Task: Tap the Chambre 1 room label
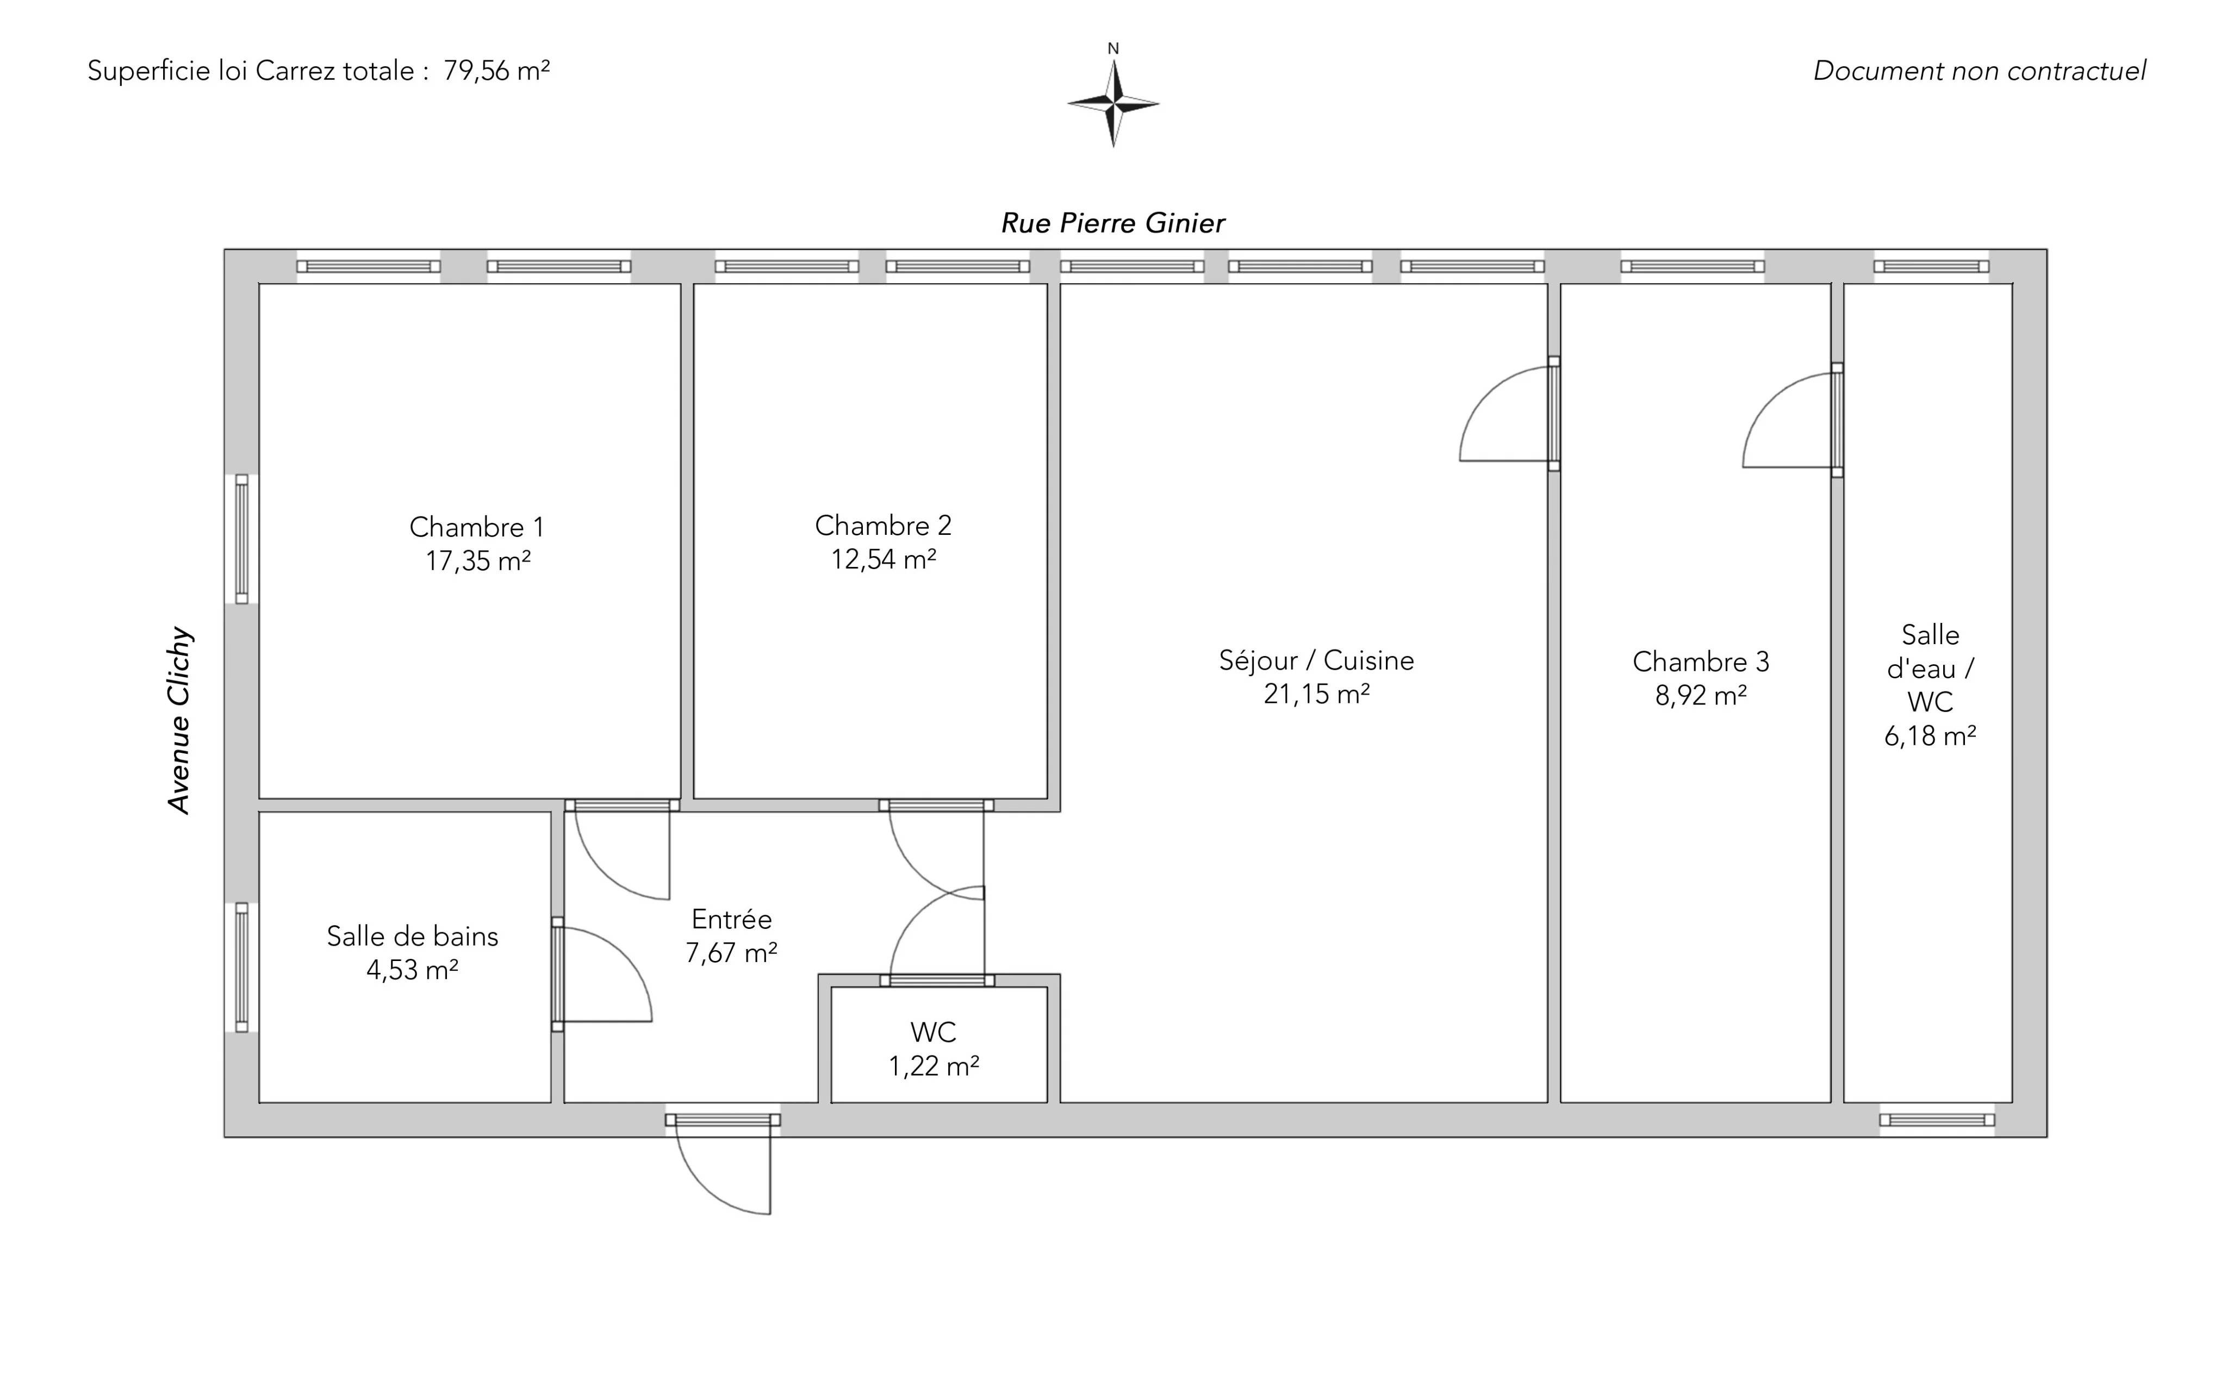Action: tap(477, 527)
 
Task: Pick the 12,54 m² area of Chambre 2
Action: tap(883, 559)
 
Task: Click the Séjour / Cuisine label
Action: tap(1316, 660)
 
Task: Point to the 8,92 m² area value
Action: tap(1701, 695)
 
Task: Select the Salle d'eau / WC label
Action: tap(1930, 669)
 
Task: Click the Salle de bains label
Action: tap(413, 937)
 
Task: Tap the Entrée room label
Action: tap(731, 919)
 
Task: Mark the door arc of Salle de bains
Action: tap(627, 952)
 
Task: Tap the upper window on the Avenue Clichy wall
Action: tap(241, 539)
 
